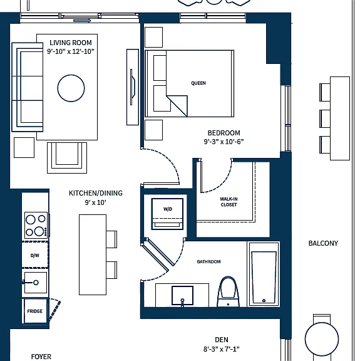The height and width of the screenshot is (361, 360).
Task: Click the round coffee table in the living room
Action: coord(71,88)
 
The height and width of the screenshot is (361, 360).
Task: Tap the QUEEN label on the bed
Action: coord(198,83)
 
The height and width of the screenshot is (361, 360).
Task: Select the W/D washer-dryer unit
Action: coord(167,214)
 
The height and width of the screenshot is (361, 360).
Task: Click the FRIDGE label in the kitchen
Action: coord(34,311)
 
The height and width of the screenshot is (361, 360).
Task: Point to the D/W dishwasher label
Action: coord(34,255)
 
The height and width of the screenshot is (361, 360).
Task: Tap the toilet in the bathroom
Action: coord(228,292)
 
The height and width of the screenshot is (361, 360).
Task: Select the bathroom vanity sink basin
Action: coord(182,296)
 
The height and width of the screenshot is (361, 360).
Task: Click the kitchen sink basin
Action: coord(36,283)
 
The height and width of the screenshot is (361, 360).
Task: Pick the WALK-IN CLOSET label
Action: coord(229,202)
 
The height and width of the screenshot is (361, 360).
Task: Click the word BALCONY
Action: coord(323,243)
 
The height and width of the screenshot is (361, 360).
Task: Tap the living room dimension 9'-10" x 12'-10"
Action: coord(71,51)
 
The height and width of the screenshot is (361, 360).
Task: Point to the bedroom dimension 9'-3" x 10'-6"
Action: coord(224,142)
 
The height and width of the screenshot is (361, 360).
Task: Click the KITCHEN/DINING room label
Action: coord(96,193)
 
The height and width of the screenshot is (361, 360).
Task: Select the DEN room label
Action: coord(222,340)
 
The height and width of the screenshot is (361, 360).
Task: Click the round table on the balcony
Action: coord(322,339)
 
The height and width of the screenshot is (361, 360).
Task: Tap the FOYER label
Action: coord(41,357)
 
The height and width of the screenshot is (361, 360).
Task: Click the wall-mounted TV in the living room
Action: coord(133,87)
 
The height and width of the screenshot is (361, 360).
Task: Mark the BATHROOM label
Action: coord(208,262)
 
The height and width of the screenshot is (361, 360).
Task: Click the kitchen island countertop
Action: coord(93,255)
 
